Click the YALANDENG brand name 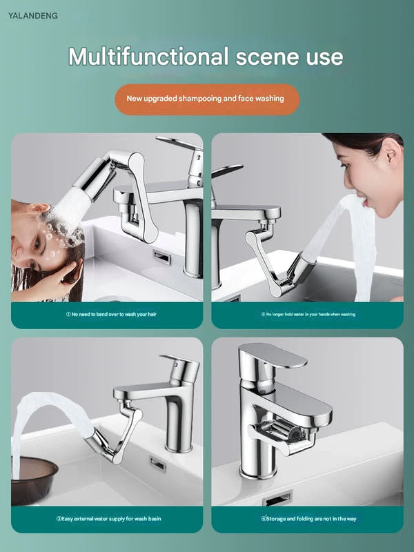coord(33,15)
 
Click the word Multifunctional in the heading coord(148,57)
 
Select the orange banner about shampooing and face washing coord(208,99)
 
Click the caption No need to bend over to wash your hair coord(111,314)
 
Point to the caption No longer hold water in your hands coord(308,314)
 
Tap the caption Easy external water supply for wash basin coord(109,519)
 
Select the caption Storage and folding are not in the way coord(308,519)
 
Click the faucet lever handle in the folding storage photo coord(272,356)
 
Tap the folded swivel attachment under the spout coord(282,435)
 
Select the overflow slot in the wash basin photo coord(157,464)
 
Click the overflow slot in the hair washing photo coord(162,257)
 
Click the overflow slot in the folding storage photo coord(278,497)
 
